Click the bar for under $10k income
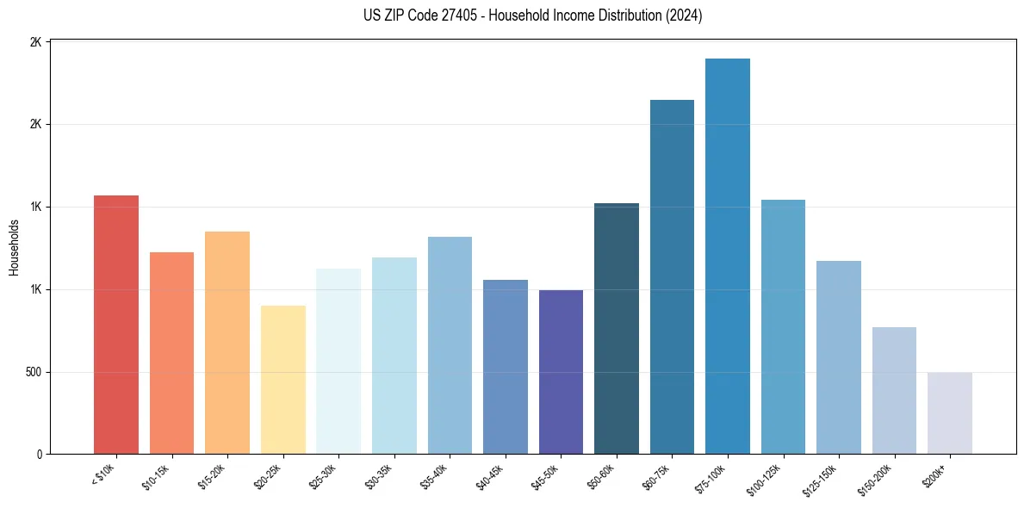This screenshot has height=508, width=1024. (115, 325)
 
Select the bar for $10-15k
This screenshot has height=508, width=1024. (171, 353)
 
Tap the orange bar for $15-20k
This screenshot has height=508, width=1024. (227, 343)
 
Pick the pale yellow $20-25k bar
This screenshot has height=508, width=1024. (282, 380)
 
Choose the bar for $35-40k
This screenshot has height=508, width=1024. (450, 345)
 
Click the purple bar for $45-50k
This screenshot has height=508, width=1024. (561, 372)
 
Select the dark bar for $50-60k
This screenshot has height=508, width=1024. (617, 329)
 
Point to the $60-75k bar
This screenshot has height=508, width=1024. (672, 277)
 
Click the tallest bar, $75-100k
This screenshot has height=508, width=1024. (728, 257)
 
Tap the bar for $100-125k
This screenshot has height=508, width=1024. (783, 327)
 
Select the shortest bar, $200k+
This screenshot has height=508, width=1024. (950, 413)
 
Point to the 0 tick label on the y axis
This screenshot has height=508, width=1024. (39, 455)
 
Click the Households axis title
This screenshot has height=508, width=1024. (15, 247)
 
